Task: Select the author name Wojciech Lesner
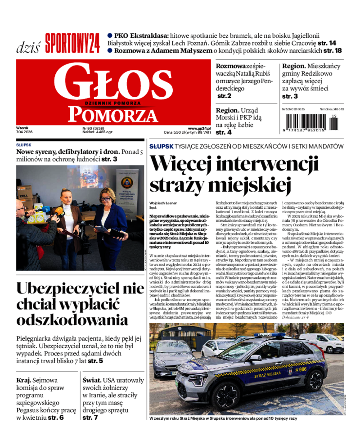(x=163, y=203)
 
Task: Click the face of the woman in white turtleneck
(x=67, y=197)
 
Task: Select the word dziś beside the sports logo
(x=28, y=47)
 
